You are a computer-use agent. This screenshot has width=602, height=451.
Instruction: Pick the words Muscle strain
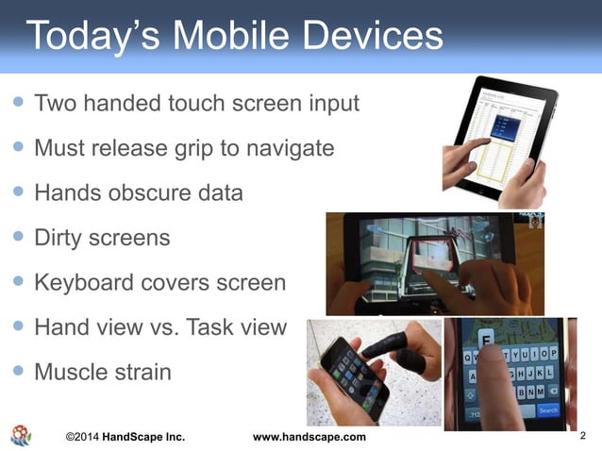coord(102,372)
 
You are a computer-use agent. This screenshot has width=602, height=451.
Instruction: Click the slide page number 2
coord(583,435)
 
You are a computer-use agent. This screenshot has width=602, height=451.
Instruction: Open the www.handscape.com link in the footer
coord(310,437)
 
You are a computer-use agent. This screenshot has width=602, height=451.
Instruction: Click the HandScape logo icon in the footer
coord(21,435)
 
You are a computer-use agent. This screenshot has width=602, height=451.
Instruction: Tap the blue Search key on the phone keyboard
coord(548,410)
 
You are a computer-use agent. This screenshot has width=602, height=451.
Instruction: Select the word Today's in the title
coord(87,36)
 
